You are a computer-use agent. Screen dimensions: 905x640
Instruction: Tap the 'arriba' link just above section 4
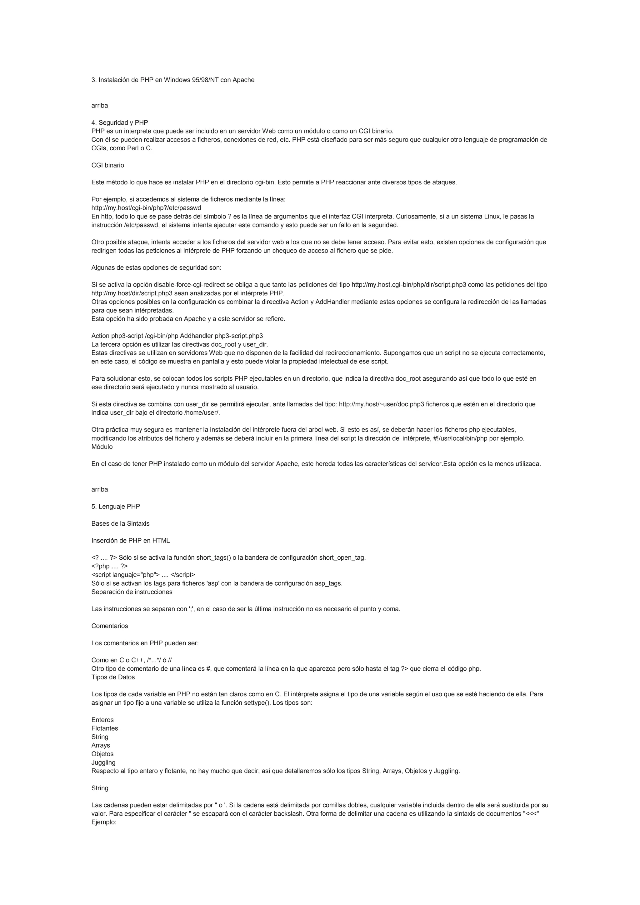point(99,106)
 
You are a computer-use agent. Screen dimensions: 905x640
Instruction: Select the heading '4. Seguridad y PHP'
point(119,122)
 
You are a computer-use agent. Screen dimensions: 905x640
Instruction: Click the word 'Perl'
point(132,148)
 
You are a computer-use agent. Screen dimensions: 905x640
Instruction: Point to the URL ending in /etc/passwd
point(146,208)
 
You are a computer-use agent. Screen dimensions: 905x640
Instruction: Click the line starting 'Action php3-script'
point(177,336)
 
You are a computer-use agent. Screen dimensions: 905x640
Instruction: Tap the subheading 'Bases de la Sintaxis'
point(120,523)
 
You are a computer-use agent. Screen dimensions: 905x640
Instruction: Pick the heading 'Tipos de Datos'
point(113,677)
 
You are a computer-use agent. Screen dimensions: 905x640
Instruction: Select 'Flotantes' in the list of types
point(104,728)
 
